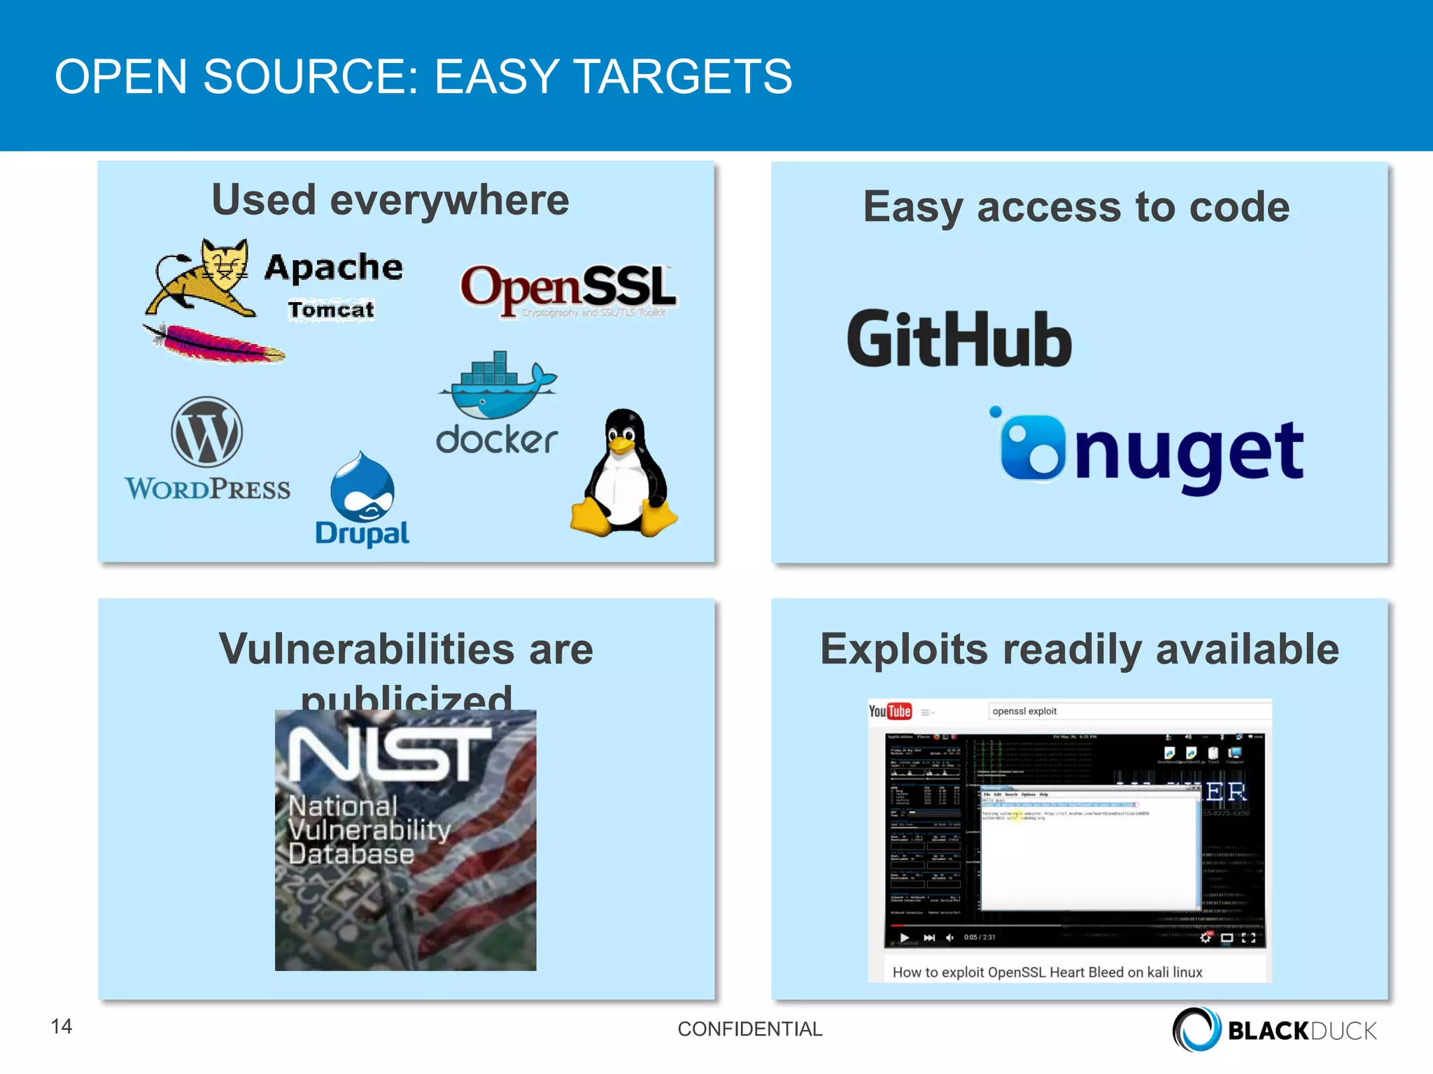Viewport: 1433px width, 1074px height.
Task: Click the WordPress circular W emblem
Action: [207, 432]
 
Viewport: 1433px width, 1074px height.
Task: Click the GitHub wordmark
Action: [959, 341]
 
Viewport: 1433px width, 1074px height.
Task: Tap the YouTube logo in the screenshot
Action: [890, 711]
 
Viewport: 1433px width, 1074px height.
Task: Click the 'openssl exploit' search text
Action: [1024, 711]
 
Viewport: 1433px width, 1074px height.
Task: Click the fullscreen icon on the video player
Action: [1248, 938]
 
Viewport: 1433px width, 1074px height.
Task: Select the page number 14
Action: [62, 1026]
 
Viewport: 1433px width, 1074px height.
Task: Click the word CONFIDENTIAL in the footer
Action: [750, 1029]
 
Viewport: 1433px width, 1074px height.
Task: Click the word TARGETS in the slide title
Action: [683, 76]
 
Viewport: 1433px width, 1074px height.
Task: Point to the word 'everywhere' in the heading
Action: [449, 201]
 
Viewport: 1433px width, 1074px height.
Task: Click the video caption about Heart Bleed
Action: [1047, 972]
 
